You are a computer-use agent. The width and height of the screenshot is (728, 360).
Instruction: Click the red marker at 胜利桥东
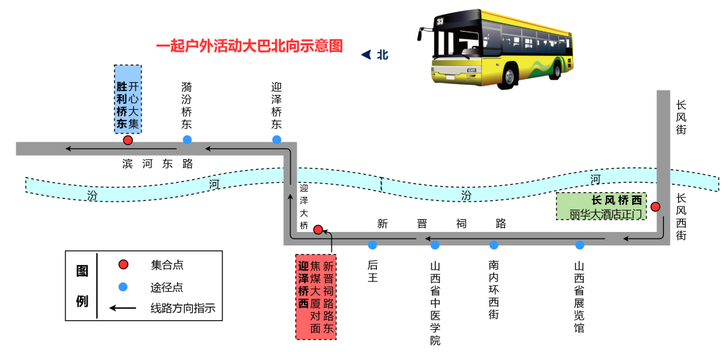tap(127, 140)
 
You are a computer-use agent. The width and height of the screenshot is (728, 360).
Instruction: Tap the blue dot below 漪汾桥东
tap(187, 140)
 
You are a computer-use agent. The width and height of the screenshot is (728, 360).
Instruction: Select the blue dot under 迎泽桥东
tap(276, 140)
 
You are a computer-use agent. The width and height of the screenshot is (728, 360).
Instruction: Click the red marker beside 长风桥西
tap(655, 206)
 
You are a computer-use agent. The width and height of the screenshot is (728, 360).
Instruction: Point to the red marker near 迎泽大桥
tap(318, 230)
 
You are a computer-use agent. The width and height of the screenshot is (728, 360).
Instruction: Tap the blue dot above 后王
tap(373, 245)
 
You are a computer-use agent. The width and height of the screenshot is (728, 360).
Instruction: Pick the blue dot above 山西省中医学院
tap(435, 245)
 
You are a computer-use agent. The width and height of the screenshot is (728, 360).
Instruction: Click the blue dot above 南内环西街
tap(494, 245)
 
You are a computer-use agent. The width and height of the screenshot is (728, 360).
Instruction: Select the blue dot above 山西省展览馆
tap(580, 245)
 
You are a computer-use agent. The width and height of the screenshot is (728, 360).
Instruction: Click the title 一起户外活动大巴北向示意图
tap(249, 47)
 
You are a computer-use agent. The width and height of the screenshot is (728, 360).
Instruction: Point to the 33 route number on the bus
tap(440, 22)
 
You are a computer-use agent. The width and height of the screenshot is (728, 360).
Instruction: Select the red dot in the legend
tap(123, 264)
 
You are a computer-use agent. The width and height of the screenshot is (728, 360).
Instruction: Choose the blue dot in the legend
tap(123, 287)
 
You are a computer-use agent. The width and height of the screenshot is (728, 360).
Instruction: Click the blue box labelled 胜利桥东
tap(127, 99)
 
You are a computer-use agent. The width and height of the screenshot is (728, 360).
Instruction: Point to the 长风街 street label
tap(681, 117)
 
